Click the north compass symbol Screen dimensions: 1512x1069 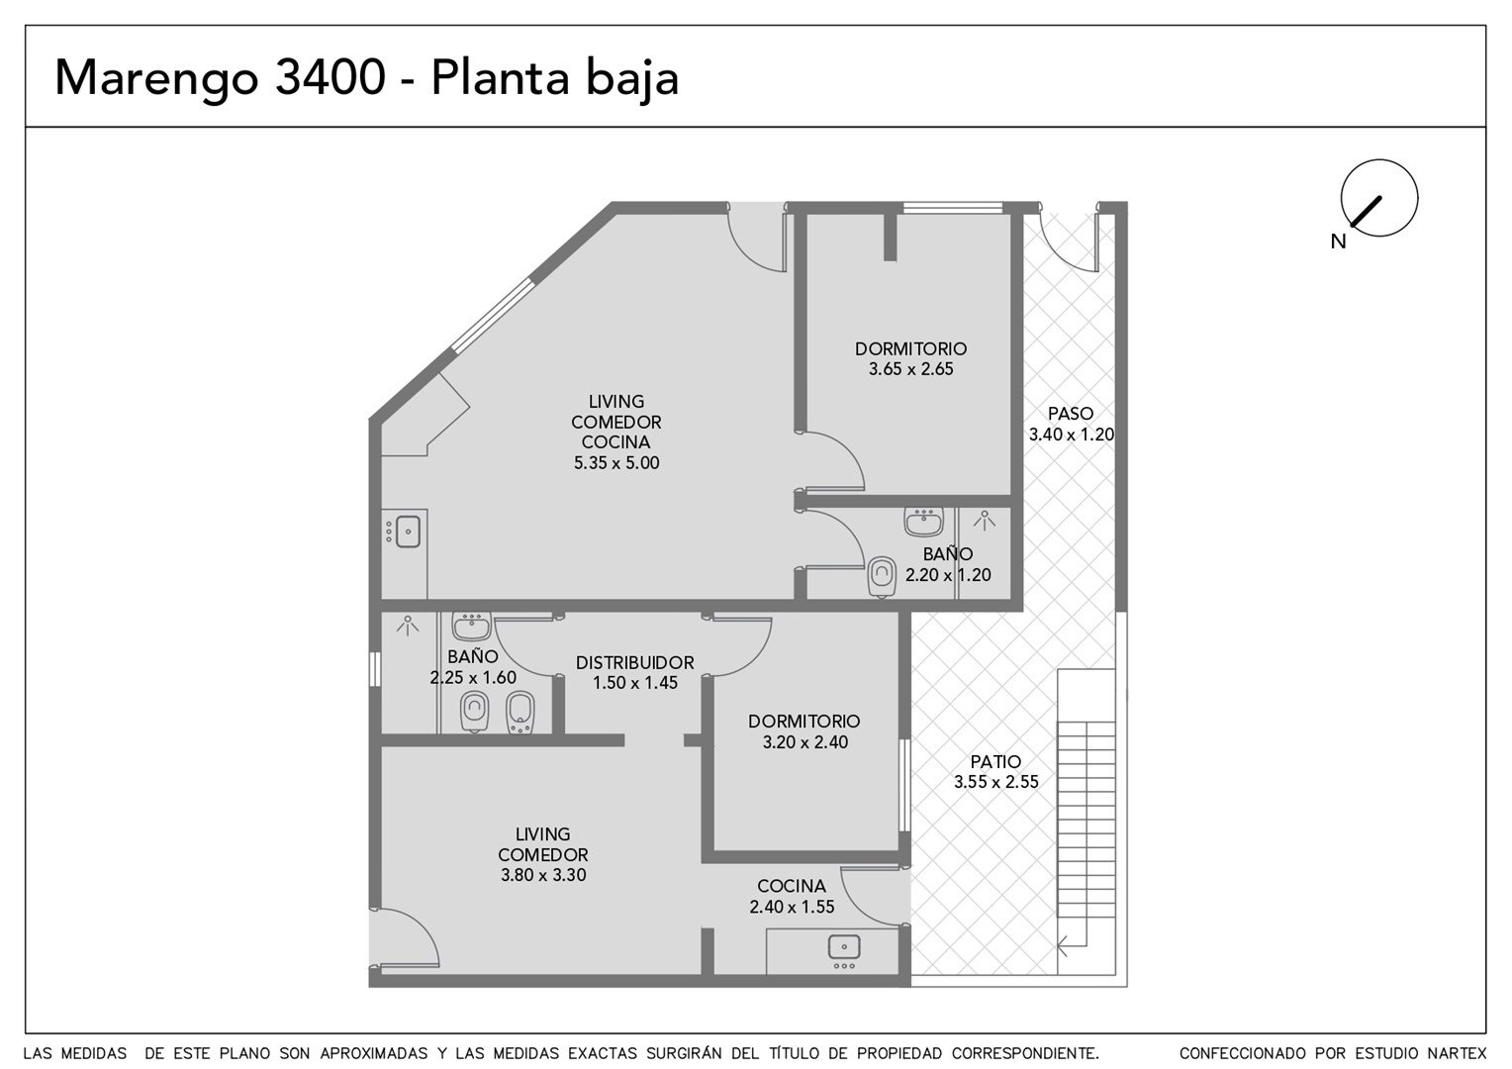(x=1379, y=198)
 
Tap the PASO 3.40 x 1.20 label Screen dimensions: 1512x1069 (x=1072, y=424)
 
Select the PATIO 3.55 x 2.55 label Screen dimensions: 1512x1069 (x=995, y=772)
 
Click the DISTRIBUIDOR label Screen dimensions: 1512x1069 (x=634, y=662)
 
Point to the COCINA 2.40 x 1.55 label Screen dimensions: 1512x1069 (x=792, y=896)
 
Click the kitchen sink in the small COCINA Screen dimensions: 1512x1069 (x=844, y=947)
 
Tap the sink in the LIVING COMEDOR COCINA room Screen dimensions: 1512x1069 (x=408, y=532)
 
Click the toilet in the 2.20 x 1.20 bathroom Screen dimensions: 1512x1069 (x=882, y=577)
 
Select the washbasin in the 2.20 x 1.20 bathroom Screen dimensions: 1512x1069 (x=923, y=522)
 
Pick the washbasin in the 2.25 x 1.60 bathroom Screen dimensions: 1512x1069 (x=471, y=626)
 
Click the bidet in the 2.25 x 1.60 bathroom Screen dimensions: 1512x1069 (x=520, y=713)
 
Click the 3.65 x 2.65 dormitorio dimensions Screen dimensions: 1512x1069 (x=910, y=369)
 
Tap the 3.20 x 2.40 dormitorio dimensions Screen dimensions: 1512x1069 (x=805, y=742)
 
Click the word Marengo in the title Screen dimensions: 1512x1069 (x=156, y=79)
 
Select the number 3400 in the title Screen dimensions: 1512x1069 (x=331, y=77)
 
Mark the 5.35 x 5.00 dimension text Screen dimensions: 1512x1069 (x=616, y=462)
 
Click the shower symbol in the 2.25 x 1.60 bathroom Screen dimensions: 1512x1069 (x=407, y=626)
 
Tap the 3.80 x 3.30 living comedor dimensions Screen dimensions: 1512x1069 (x=543, y=875)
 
